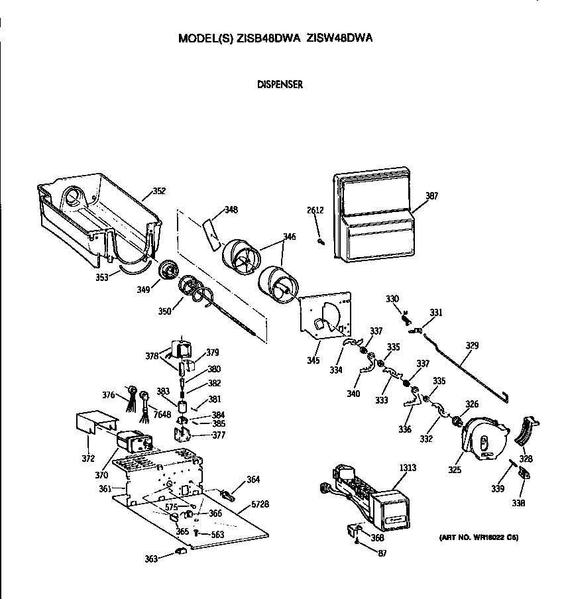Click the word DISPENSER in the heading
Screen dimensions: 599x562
[x=280, y=85]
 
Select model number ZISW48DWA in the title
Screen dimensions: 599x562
[x=339, y=38]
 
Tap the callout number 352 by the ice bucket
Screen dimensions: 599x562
[x=159, y=191]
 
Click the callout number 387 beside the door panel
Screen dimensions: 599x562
[x=431, y=196]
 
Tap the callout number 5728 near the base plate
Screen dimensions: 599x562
[x=260, y=505]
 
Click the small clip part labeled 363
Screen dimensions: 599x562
[x=179, y=551]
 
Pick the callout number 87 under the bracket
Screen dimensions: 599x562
[x=381, y=553]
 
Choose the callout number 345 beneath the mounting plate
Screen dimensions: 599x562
[x=313, y=361]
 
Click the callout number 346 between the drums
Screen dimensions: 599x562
[x=290, y=237]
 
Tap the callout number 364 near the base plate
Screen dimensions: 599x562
[x=253, y=480]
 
